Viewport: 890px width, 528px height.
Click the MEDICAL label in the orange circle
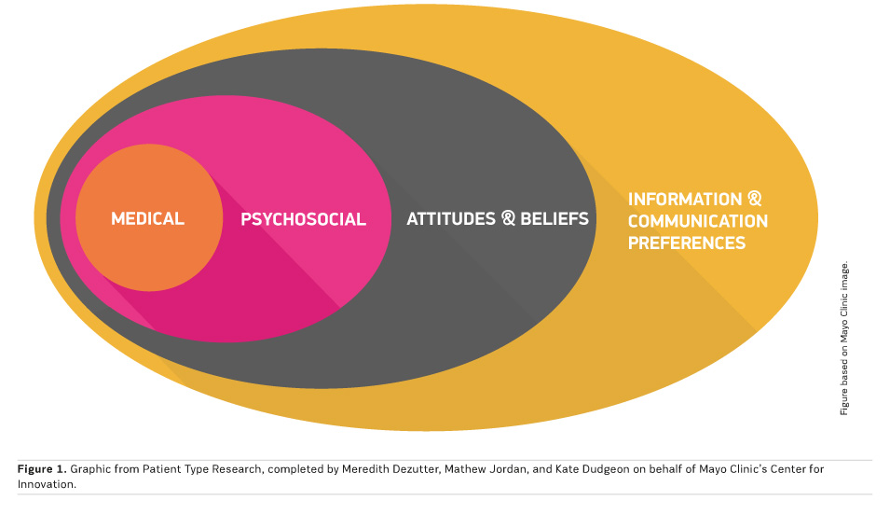[147, 219]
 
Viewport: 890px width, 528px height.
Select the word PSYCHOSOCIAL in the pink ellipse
[303, 220]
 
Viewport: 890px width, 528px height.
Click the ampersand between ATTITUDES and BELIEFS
[508, 219]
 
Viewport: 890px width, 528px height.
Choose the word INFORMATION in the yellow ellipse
[684, 200]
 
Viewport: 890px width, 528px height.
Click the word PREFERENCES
[686, 243]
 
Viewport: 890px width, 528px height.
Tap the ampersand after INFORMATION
[755, 200]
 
